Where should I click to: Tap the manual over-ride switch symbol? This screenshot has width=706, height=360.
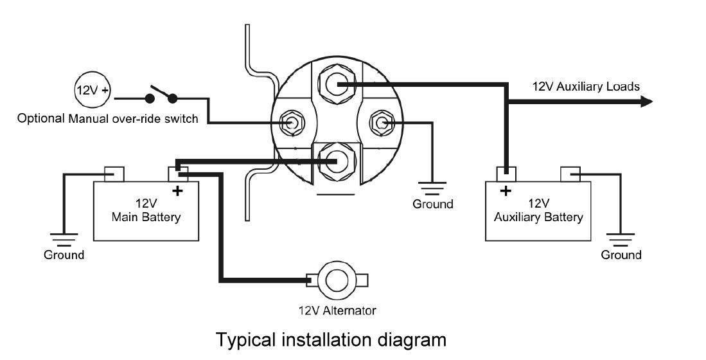pos(161,94)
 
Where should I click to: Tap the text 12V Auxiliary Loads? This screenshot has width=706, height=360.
pos(585,86)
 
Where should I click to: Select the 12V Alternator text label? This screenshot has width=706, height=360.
pos(337,310)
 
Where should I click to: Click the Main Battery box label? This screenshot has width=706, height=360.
pos(146,210)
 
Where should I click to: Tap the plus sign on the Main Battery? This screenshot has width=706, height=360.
pos(177,190)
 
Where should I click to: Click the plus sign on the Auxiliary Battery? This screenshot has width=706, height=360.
pos(506,190)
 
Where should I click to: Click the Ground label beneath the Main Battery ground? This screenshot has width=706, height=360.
pos(64,255)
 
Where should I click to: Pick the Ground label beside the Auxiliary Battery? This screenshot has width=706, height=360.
pos(621,255)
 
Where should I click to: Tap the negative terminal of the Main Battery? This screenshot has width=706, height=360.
pos(114,174)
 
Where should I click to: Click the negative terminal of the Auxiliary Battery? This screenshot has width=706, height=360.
pos(570,174)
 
